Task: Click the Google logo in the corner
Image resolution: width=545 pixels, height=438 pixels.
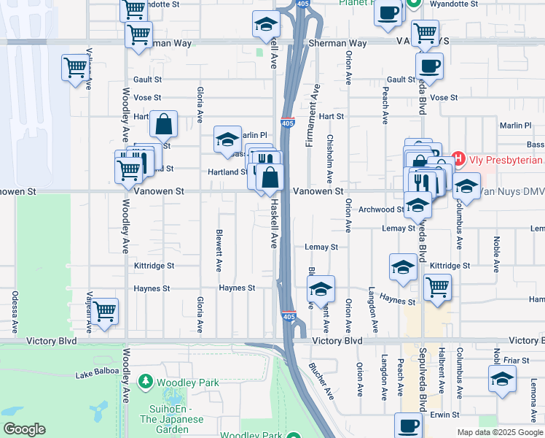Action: coord(24,429)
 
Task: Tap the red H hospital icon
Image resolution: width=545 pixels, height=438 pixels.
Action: coord(458,158)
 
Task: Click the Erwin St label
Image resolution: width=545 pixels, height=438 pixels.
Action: coord(444,414)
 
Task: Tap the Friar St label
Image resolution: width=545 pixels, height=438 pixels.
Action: coord(516,360)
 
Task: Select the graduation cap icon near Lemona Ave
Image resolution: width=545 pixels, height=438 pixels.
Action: coord(502,380)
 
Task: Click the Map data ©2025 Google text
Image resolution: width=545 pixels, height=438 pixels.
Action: coord(499,432)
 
